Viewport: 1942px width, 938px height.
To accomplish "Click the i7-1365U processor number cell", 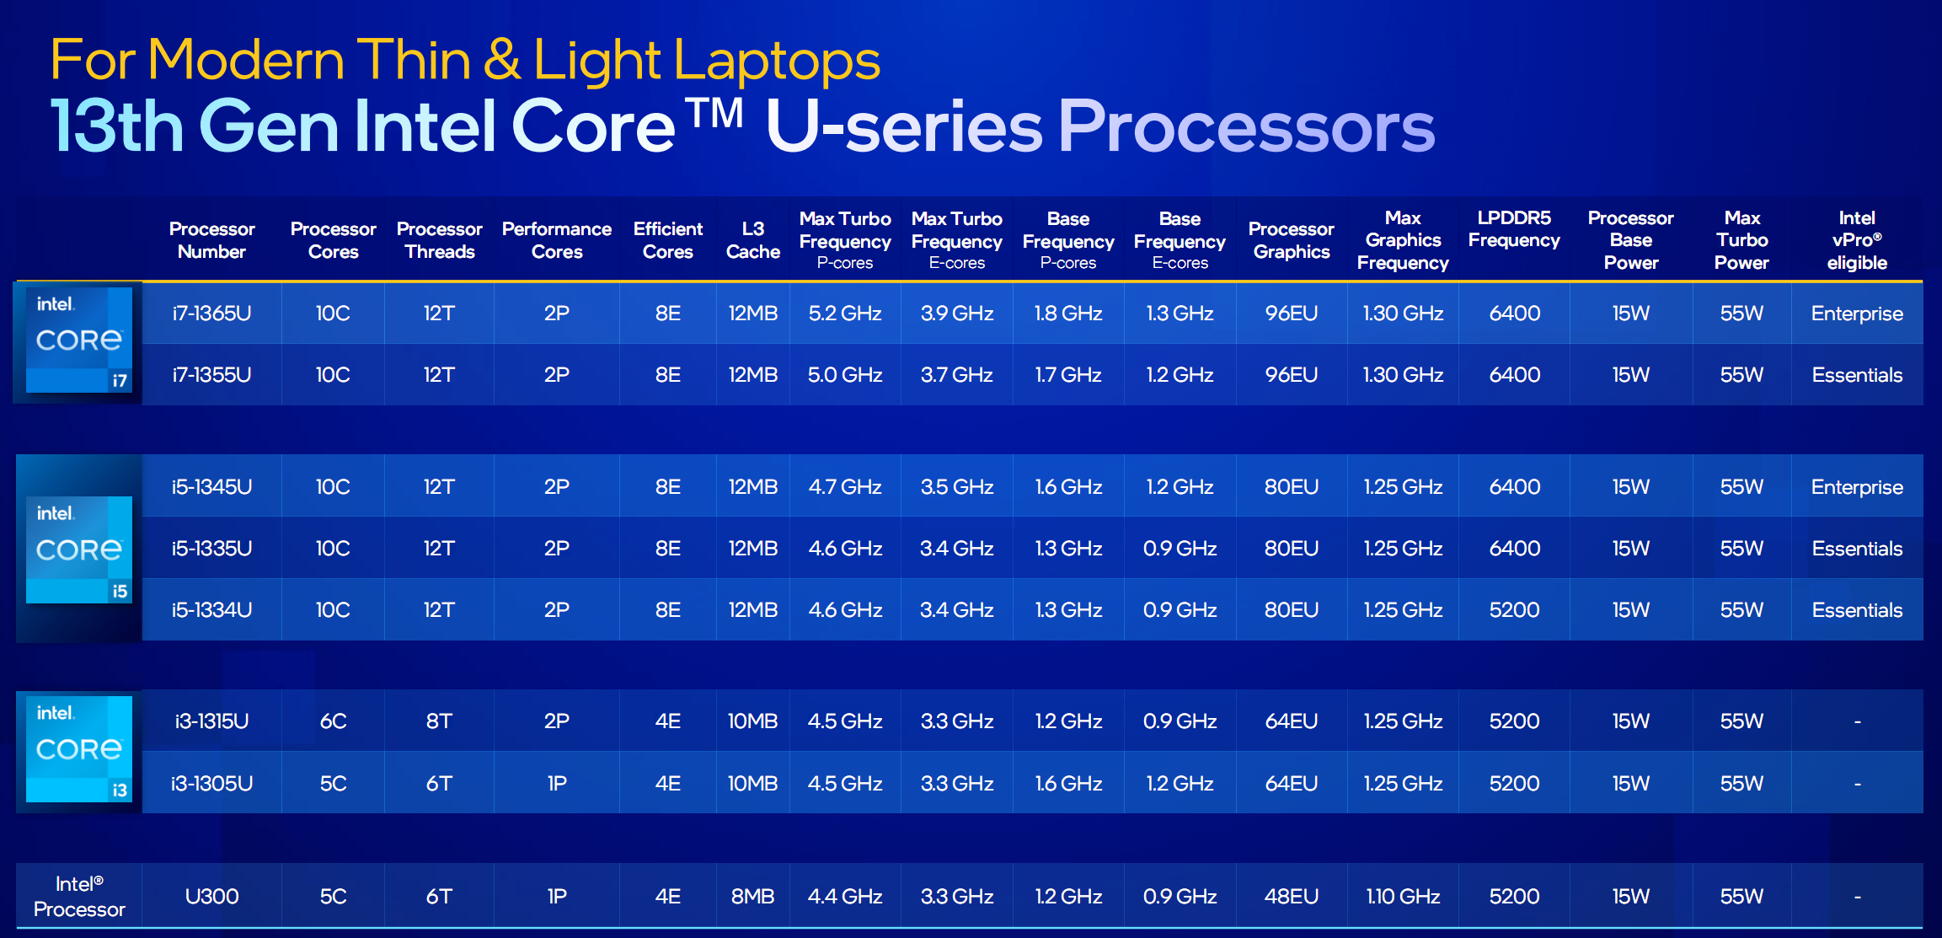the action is tap(211, 314).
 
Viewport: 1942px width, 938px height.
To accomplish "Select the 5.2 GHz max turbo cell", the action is tap(845, 314).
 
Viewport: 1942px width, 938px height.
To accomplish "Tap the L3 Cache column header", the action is tap(752, 240).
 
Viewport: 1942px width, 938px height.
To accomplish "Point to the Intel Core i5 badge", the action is tap(79, 549).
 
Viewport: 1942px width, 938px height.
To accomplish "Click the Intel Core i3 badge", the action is tap(79, 748).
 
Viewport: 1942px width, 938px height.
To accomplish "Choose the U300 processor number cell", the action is tap(211, 896).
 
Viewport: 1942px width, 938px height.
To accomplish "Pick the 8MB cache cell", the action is tap(752, 896).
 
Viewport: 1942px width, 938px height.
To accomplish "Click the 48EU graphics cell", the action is tap(1292, 896).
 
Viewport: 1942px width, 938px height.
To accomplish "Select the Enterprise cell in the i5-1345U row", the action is tap(1857, 487).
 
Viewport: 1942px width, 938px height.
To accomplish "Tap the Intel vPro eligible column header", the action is tap(1857, 240).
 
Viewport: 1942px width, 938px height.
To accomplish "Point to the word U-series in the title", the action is tap(904, 126).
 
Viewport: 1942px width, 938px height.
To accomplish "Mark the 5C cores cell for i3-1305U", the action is tap(333, 784).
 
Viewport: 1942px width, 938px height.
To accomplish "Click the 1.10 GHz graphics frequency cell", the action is tap(1403, 896).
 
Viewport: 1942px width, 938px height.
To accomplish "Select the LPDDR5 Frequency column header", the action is tap(1514, 229).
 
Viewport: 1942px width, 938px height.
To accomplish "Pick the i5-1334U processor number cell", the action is tap(211, 610).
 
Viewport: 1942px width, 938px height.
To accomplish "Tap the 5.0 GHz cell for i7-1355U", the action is tap(845, 375).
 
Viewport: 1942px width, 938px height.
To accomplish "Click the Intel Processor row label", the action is tap(79, 896).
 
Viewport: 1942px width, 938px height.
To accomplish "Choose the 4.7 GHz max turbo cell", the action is tap(845, 487).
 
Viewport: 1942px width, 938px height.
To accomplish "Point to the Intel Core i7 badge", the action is tap(79, 340).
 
